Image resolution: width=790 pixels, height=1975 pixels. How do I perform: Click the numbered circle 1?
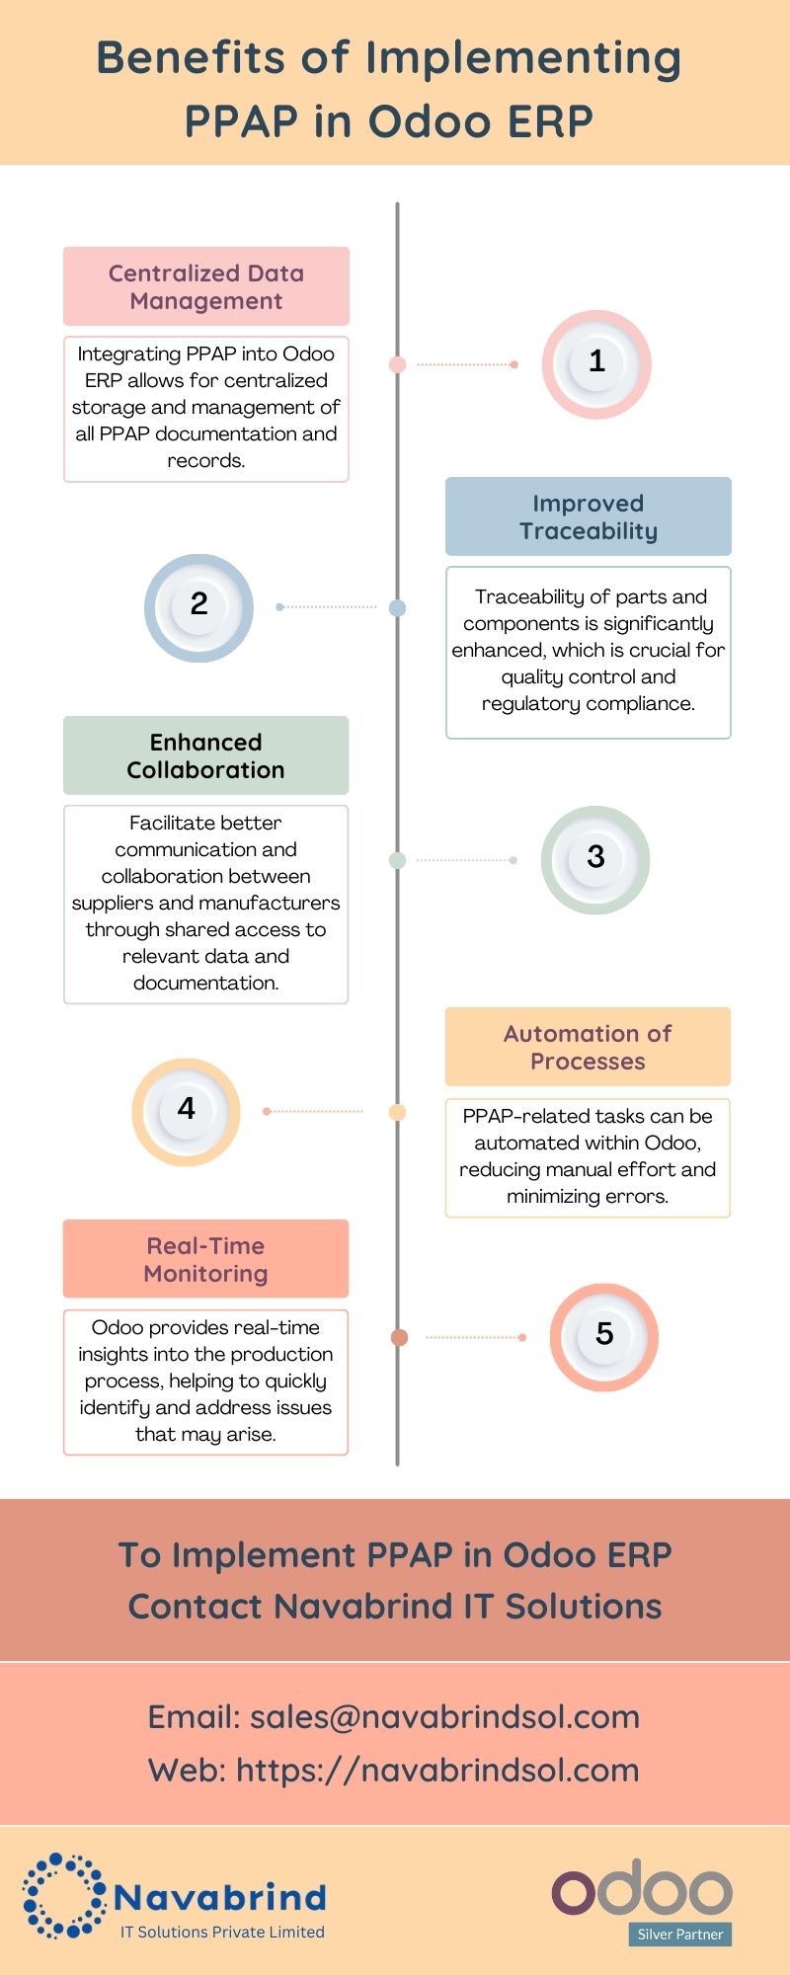[x=596, y=364]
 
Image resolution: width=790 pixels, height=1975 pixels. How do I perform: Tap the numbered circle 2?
[x=198, y=607]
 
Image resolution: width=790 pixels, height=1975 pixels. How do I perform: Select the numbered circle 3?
[x=595, y=859]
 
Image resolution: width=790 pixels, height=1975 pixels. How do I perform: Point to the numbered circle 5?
[x=604, y=1337]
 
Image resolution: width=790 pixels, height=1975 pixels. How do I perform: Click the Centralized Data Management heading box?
[x=206, y=286]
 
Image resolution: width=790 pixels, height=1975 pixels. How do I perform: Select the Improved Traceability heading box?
[x=588, y=516]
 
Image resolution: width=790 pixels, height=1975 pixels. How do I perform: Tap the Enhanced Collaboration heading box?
[x=205, y=755]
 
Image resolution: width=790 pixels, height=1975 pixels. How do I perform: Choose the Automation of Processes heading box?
[x=588, y=1047]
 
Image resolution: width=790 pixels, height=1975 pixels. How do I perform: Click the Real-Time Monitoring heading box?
[x=205, y=1259]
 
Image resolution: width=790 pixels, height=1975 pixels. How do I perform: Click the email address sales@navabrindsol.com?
[x=444, y=1716]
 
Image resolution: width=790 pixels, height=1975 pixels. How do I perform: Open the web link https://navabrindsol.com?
[x=437, y=1770]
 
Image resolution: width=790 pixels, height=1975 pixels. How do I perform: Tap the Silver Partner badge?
[x=679, y=1934]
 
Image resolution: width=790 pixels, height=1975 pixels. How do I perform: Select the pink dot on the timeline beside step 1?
[x=398, y=364]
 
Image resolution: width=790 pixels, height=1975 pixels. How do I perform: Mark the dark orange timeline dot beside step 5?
[x=399, y=1337]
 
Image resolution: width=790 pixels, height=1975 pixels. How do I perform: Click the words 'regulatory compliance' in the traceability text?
[x=588, y=703]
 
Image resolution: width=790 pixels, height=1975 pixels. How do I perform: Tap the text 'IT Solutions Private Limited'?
[x=222, y=1932]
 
